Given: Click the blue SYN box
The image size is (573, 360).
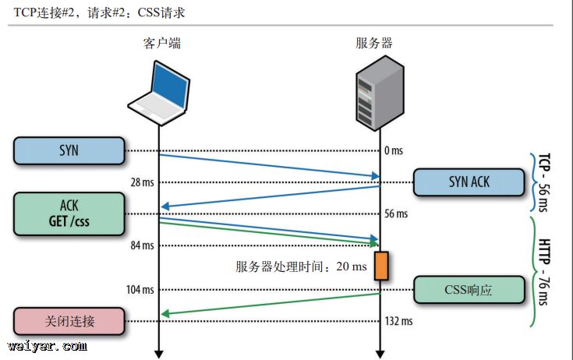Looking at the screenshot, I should click(x=69, y=150).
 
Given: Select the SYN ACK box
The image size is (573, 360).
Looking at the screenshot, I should click(x=469, y=182).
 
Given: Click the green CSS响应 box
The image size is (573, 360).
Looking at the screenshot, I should click(x=469, y=290).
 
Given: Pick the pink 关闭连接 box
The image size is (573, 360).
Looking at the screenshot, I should click(x=69, y=321).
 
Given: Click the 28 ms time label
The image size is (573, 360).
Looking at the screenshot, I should click(x=143, y=182).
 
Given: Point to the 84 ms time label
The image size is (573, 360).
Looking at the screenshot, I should click(x=143, y=246).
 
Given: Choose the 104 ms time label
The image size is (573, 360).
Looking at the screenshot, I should click(x=140, y=290).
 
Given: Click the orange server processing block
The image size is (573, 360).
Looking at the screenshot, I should click(x=380, y=266).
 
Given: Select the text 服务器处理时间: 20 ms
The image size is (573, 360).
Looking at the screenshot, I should click(x=301, y=266).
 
